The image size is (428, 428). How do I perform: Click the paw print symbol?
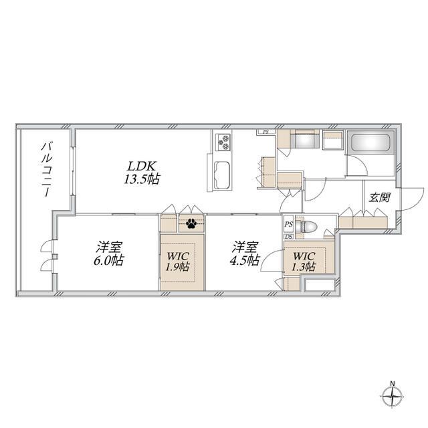[x=191, y=223]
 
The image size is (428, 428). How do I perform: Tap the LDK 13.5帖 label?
[x=142, y=173]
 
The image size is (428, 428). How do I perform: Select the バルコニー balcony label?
[x=46, y=169]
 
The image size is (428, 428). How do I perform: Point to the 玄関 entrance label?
[x=380, y=197]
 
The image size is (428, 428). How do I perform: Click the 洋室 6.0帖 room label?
[x=108, y=254]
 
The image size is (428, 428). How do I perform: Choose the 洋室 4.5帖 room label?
[x=245, y=254]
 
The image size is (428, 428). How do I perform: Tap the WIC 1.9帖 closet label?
[x=178, y=261]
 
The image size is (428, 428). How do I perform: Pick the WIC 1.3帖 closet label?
[x=304, y=261]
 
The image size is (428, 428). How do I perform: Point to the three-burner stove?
[x=223, y=142]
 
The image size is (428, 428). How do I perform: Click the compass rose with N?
[x=393, y=396]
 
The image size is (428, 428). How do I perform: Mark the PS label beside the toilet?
[x=289, y=225]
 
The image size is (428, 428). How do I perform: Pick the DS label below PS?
[x=289, y=237]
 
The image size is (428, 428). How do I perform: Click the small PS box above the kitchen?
[x=265, y=132]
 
